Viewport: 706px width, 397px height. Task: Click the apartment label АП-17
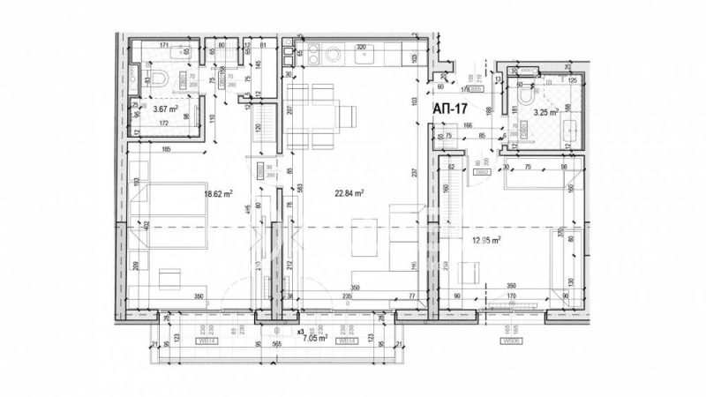(451, 108)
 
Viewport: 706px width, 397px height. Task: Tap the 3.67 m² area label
(165, 109)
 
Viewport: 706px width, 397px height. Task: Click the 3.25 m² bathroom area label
(546, 113)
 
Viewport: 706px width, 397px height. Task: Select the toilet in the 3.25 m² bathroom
(527, 95)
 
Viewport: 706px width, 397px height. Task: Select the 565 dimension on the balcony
(274, 346)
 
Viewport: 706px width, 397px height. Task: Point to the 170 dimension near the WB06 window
(510, 296)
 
